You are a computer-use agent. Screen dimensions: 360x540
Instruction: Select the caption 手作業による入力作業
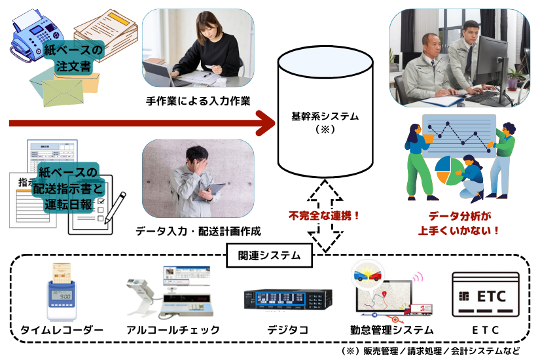198,101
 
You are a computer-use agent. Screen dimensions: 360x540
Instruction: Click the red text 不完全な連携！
325,214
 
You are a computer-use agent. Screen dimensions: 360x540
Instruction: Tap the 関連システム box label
269,255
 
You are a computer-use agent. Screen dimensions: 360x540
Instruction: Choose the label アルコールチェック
173,330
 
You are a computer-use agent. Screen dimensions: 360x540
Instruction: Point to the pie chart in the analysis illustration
448,169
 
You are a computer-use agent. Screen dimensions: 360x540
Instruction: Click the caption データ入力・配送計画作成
198,231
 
